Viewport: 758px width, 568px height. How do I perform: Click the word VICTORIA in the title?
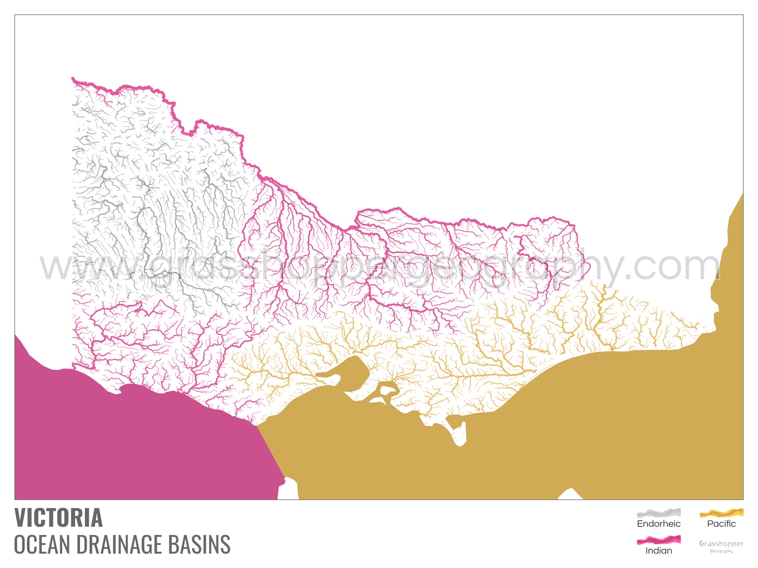(59, 518)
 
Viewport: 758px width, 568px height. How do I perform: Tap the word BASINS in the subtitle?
(199, 544)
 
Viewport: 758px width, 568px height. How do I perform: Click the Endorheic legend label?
(659, 524)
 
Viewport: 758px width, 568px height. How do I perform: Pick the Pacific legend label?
(721, 524)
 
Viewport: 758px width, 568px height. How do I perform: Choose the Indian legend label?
(659, 551)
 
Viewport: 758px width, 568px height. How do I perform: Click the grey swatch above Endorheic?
(659, 513)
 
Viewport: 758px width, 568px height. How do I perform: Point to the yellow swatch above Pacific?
(721, 512)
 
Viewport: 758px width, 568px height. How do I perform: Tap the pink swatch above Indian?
(659, 540)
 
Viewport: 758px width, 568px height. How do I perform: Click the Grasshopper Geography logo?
(721, 546)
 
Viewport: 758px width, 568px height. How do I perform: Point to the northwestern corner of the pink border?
(73, 79)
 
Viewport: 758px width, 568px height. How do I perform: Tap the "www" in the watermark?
(88, 267)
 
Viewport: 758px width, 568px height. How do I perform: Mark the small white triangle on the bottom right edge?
(571, 495)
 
